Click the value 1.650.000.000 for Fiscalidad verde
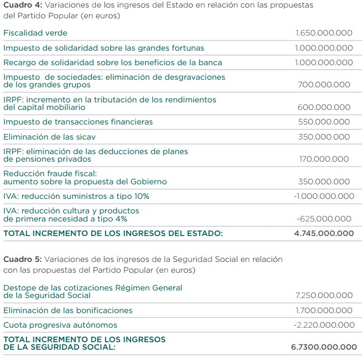pyautogui.click(x=324, y=33)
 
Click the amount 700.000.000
pyautogui.click(x=324, y=85)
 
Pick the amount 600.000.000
pyautogui.click(x=324, y=107)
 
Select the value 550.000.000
pyautogui.click(x=324, y=122)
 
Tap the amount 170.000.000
pyautogui.click(x=324, y=159)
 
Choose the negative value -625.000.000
pyautogui.click(x=324, y=219)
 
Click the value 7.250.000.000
pyautogui.click(x=324, y=295)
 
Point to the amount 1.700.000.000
pyautogui.click(x=324, y=310)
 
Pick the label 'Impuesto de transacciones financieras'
pyautogui.click(x=78, y=122)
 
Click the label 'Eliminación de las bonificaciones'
pyautogui.click(x=67, y=310)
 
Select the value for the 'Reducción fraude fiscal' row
pyautogui.click(x=324, y=182)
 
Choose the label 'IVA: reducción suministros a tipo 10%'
pyautogui.click(x=76, y=196)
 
